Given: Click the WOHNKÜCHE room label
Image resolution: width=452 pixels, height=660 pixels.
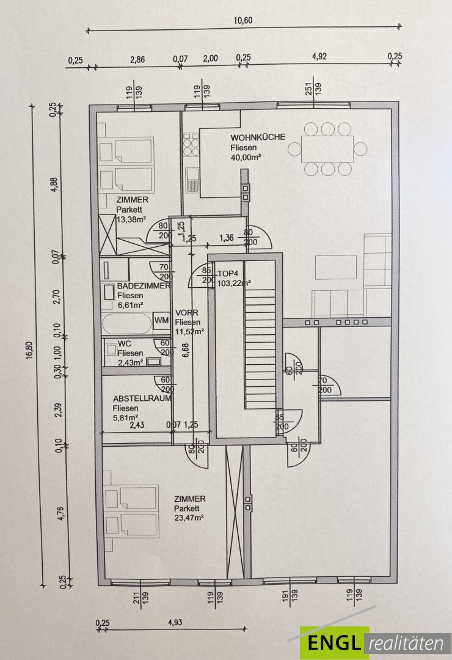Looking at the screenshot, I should coord(257,137).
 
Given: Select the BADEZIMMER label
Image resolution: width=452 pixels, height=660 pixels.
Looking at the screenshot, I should coord(144,285).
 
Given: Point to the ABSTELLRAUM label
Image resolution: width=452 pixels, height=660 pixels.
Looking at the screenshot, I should coord(142,398).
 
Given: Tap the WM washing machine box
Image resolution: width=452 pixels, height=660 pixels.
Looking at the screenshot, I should coord(161,320).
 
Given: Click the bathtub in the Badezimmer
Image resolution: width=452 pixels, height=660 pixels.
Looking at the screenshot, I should coord(127,321).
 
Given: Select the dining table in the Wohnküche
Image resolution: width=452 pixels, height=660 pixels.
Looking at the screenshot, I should coord(328,148).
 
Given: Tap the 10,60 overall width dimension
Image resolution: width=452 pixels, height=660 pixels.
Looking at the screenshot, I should coord(242,20).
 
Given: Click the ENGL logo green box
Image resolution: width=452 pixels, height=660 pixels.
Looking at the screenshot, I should coord(334,643).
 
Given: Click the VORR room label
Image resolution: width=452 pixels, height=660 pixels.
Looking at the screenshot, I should coord(183,312).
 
